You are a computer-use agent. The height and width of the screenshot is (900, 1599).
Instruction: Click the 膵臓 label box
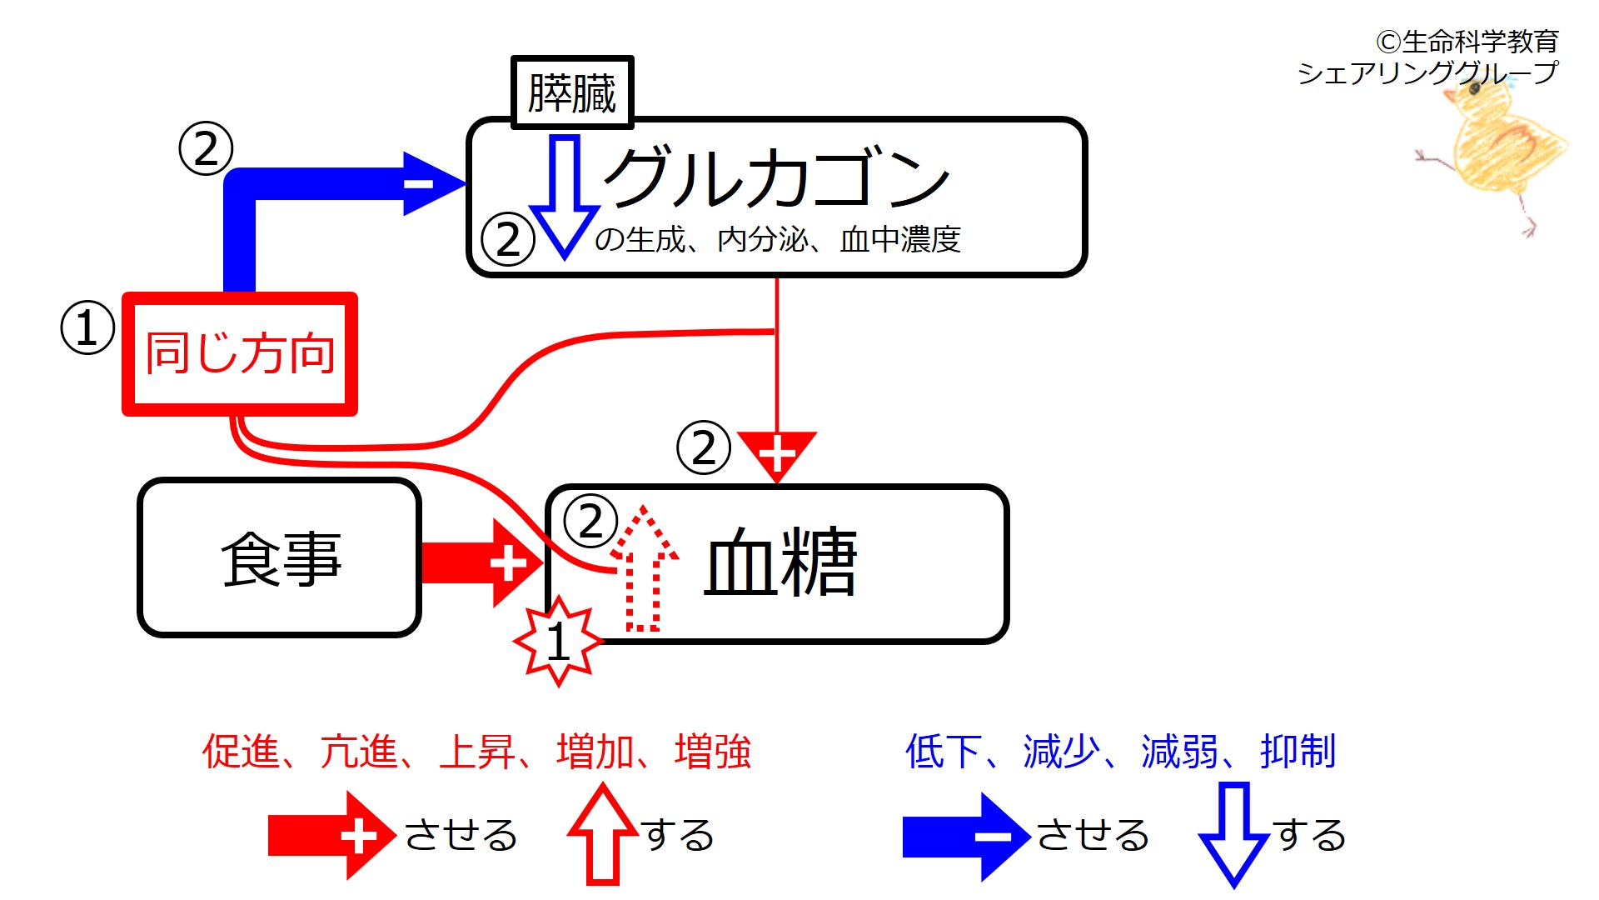click(x=572, y=92)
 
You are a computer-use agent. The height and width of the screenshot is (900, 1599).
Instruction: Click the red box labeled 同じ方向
click(x=240, y=353)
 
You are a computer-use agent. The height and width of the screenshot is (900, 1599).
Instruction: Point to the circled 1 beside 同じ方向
click(x=87, y=327)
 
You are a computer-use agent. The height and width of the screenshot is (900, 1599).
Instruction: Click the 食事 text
click(x=281, y=558)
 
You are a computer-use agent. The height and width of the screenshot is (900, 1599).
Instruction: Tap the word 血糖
click(x=780, y=562)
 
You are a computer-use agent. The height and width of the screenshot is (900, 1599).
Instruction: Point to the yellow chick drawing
click(x=1495, y=150)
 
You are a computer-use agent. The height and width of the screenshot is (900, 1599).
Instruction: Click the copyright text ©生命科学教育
click(x=1467, y=41)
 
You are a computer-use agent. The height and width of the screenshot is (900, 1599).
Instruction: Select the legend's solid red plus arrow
click(x=330, y=836)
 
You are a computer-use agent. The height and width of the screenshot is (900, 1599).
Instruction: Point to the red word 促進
click(x=241, y=752)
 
